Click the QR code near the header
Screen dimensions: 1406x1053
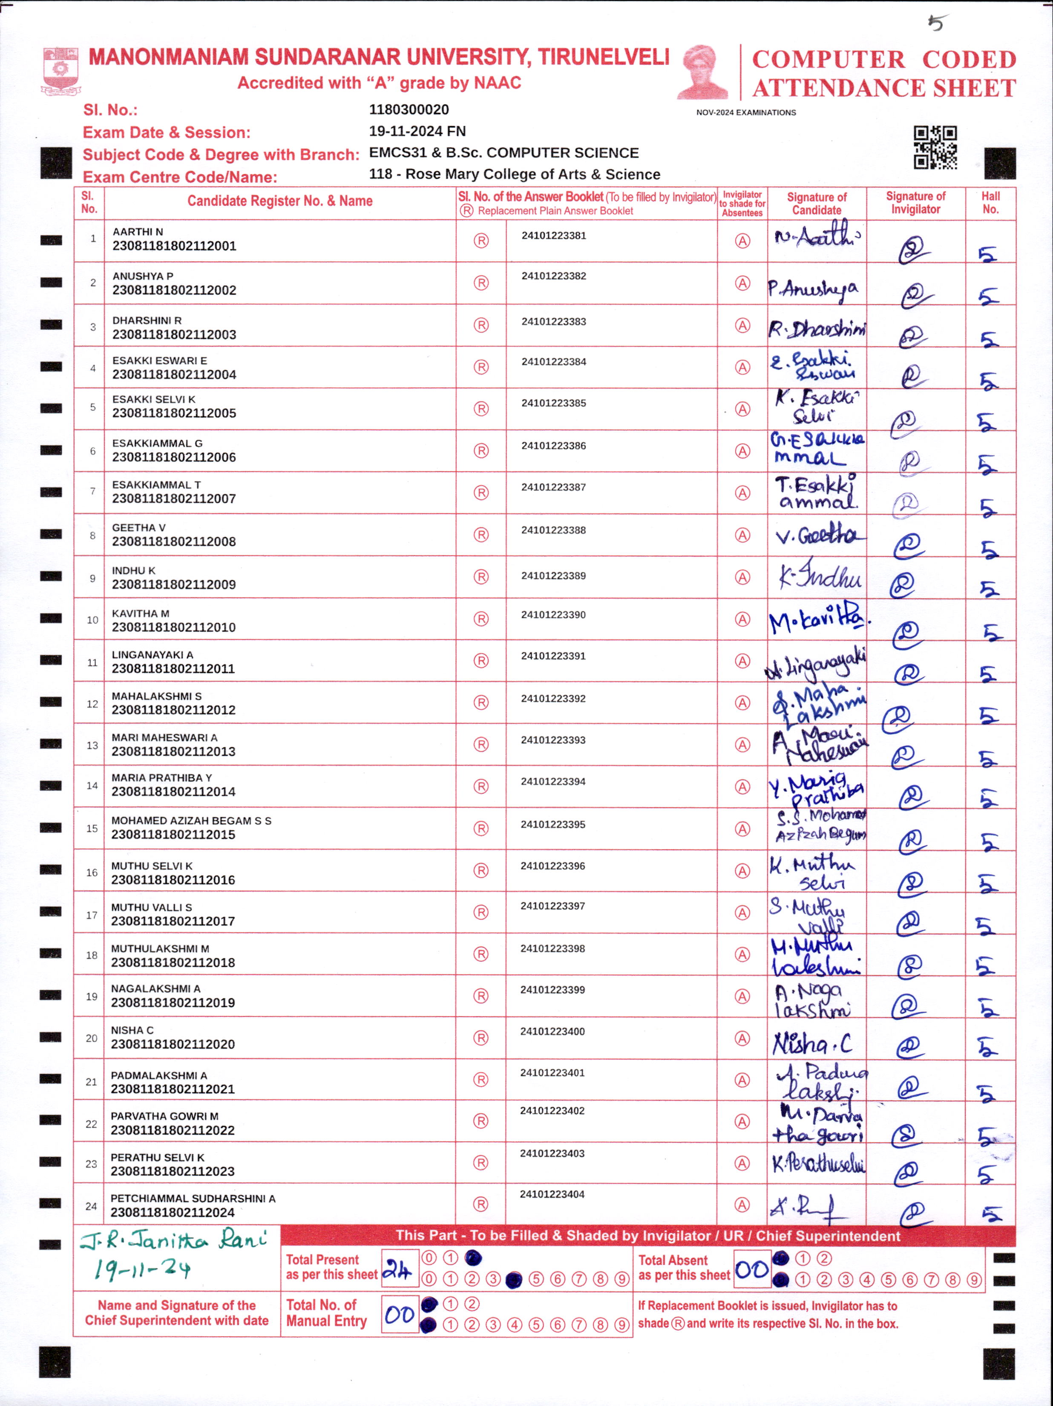935,147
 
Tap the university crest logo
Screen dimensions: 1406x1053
60,70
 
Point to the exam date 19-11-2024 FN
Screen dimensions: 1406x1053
417,131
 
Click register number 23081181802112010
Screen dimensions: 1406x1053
173,627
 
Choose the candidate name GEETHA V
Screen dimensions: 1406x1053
138,527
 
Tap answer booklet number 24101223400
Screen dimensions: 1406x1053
552,1031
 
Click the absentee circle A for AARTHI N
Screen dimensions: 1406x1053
742,241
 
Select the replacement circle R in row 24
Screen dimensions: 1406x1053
481,1204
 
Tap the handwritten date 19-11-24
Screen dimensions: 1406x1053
142,1269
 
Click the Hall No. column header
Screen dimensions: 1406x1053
990,203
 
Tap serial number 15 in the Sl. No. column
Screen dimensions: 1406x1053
92,828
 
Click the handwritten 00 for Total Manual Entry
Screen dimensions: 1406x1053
400,1314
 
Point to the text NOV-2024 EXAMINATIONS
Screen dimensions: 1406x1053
745,112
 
